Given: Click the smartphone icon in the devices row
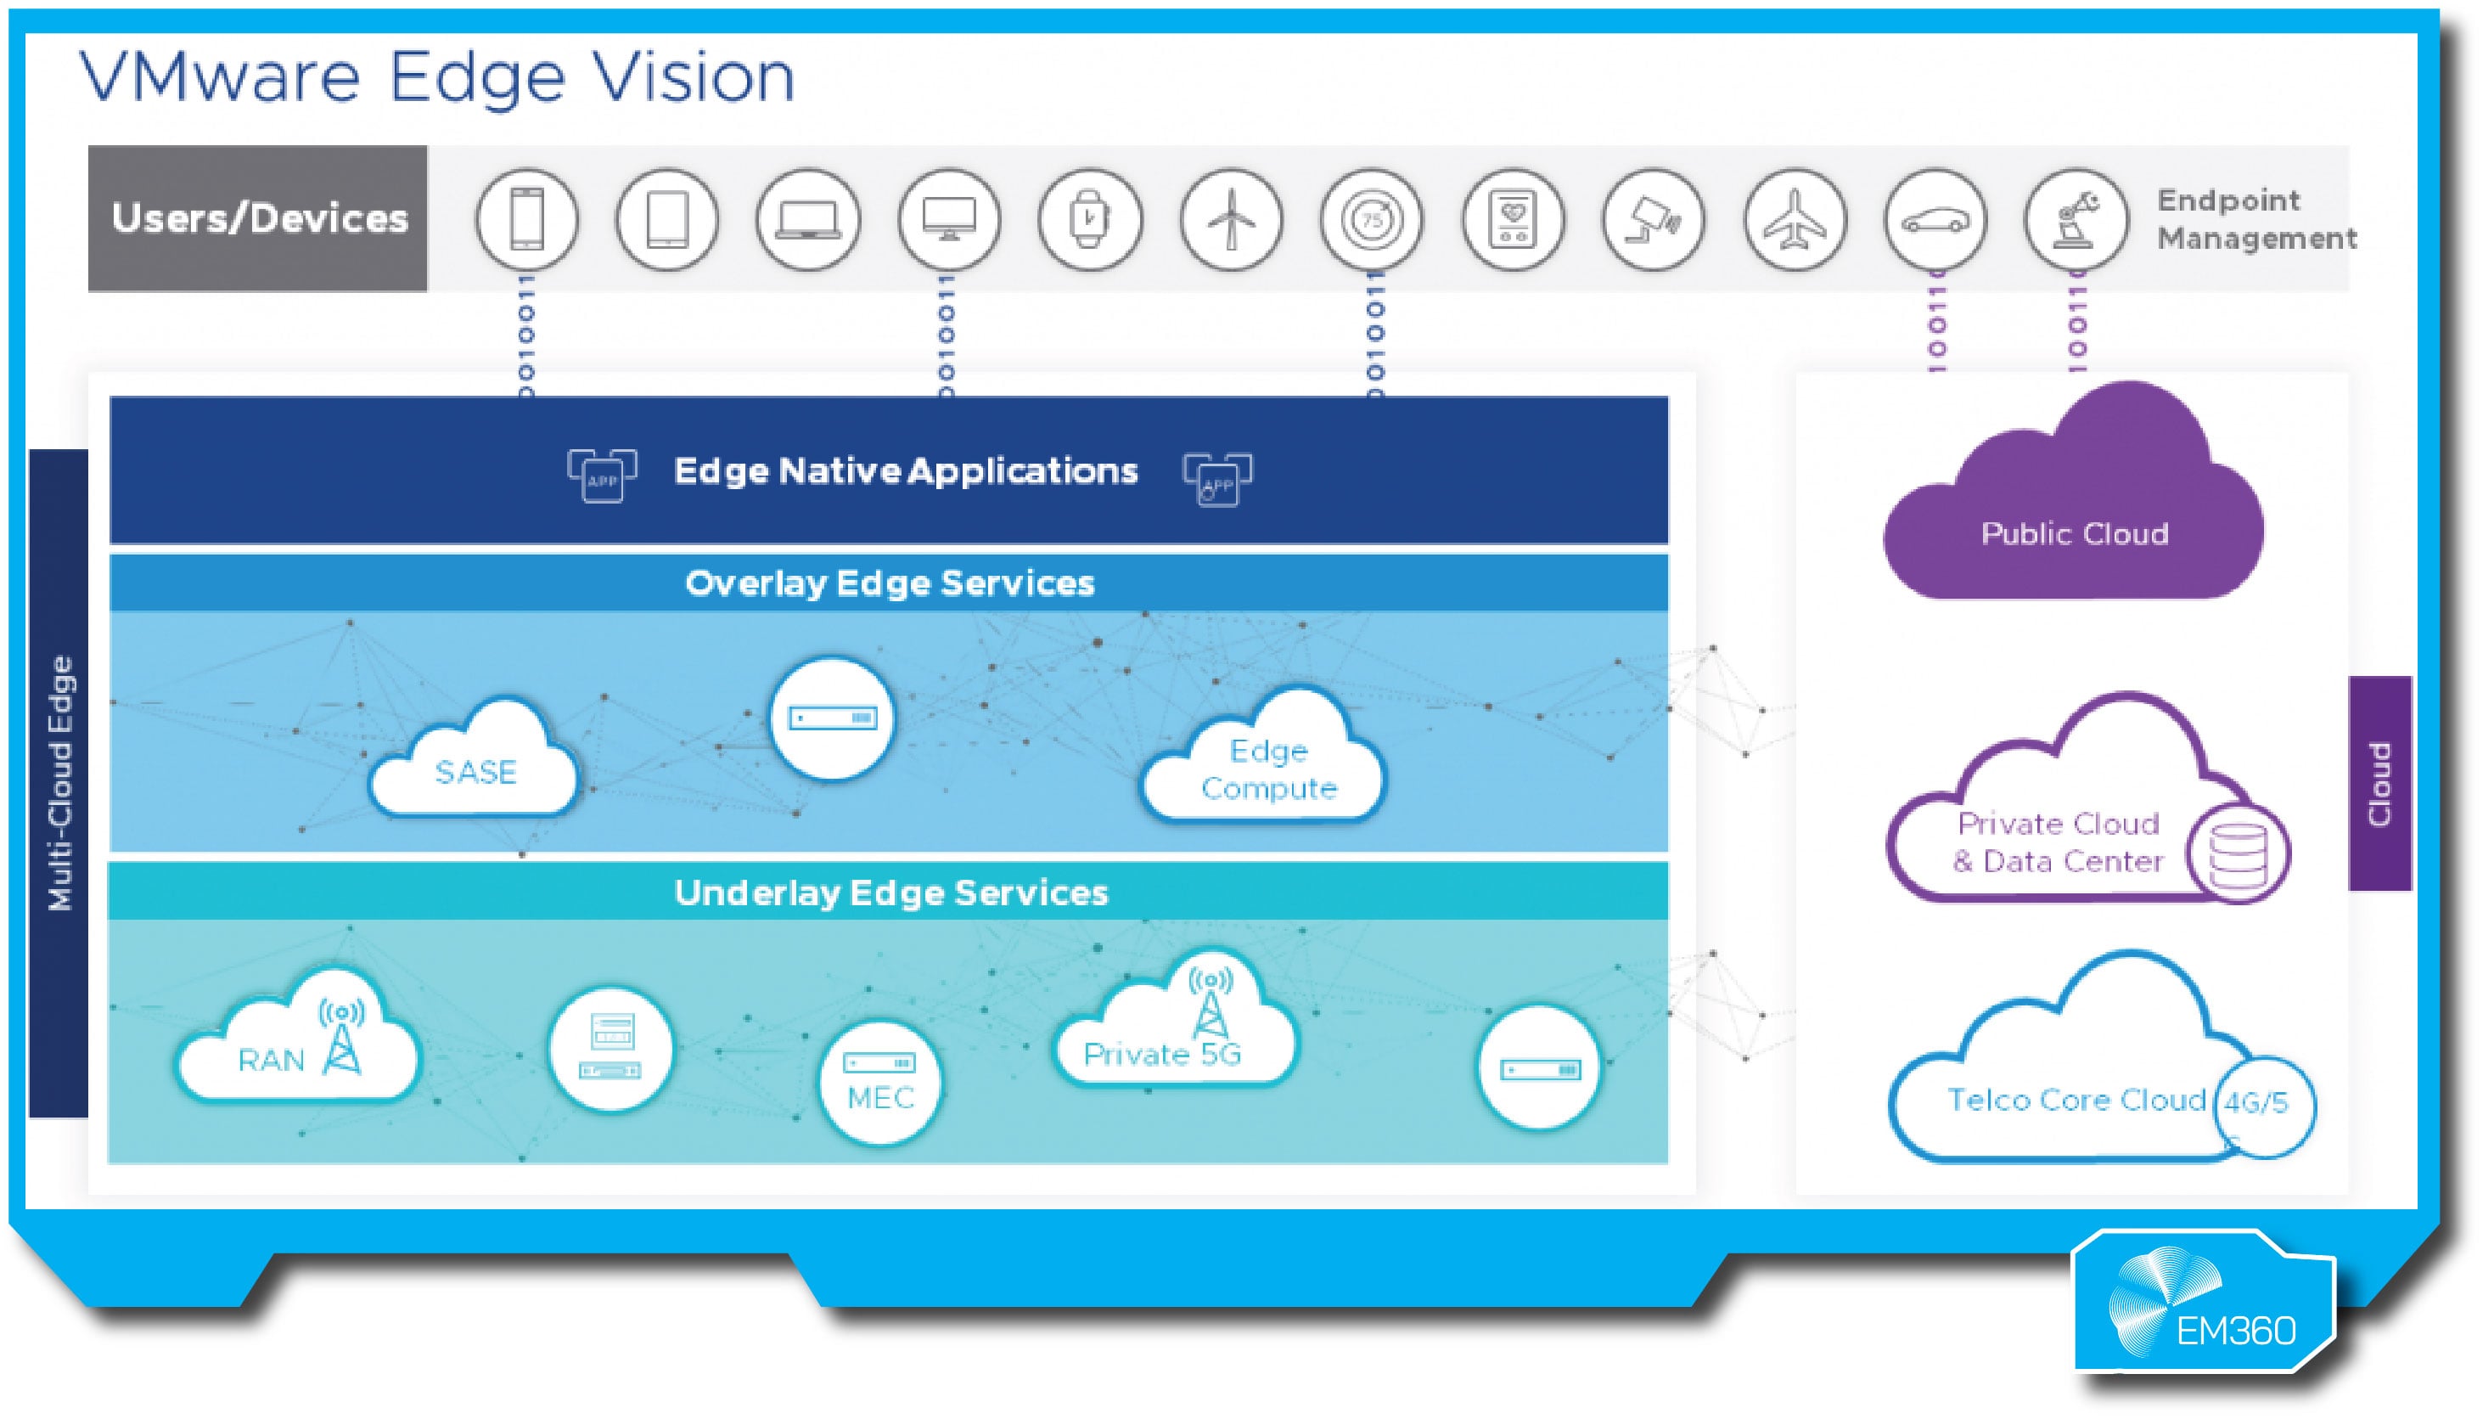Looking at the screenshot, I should (x=526, y=219).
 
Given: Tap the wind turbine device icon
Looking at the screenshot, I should (x=1230, y=219).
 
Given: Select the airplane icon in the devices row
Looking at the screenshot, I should (x=1795, y=219).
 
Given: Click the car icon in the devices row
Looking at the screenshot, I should (x=1935, y=219).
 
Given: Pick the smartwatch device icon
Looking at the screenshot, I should (x=1089, y=219).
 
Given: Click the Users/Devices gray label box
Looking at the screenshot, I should (x=258, y=218).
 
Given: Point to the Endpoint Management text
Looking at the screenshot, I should (x=2255, y=219).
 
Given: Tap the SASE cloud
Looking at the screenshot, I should (x=475, y=765).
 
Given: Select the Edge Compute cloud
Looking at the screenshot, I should (x=1267, y=765).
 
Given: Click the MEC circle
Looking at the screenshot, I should (x=880, y=1082).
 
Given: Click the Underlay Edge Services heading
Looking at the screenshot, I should (x=890, y=893).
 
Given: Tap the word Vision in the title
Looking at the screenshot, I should (x=694, y=78).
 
